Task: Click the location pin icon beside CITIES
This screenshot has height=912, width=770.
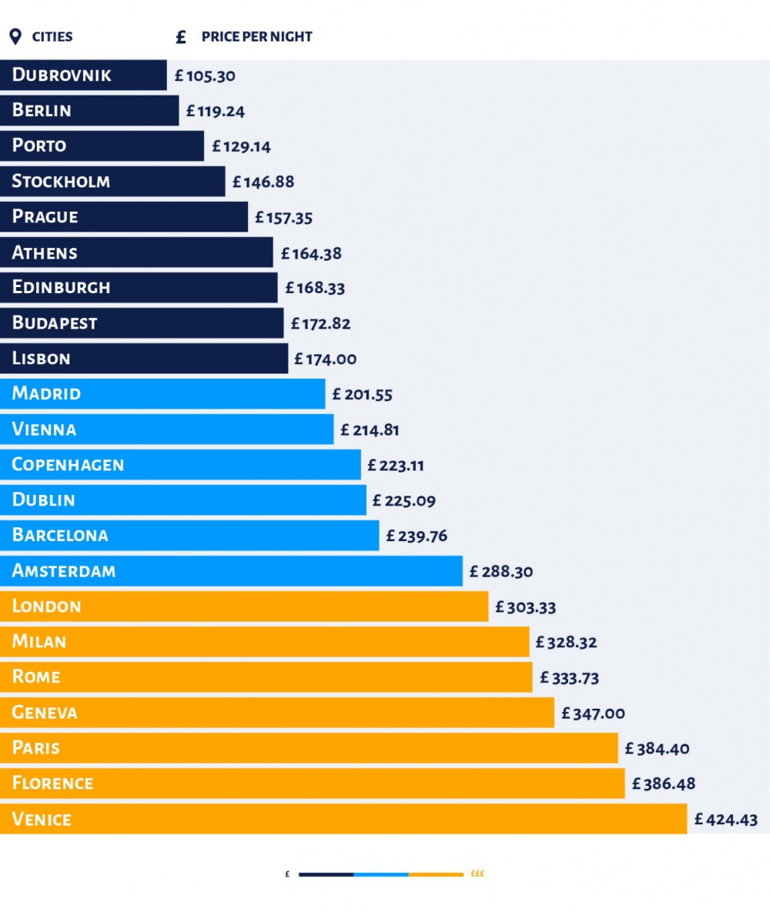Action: tap(15, 37)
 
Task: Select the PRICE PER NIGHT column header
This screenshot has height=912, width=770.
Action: tap(256, 37)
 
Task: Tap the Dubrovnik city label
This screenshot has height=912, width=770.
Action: tap(62, 75)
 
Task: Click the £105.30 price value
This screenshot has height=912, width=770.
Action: tap(205, 76)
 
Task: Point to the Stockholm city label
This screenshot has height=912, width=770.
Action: tap(61, 182)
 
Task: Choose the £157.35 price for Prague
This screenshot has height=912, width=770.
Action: tap(284, 218)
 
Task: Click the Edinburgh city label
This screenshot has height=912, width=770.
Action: tap(61, 287)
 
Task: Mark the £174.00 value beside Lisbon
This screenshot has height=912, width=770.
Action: tap(325, 359)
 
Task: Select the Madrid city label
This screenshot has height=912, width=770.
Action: tap(46, 393)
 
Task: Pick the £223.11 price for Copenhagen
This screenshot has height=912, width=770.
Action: tap(396, 465)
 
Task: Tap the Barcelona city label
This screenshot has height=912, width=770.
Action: tap(60, 535)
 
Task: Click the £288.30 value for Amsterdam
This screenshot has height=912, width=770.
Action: tap(501, 572)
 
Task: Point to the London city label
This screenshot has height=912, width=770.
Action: tap(46, 606)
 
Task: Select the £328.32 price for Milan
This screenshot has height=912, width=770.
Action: tap(567, 642)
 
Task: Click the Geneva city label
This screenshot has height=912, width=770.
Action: tap(45, 713)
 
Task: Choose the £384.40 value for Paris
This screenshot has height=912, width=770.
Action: tap(657, 748)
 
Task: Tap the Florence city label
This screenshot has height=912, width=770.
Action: tap(52, 783)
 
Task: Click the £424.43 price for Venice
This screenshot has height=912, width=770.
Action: tap(725, 820)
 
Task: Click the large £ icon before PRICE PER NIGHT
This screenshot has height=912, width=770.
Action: tap(182, 37)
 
